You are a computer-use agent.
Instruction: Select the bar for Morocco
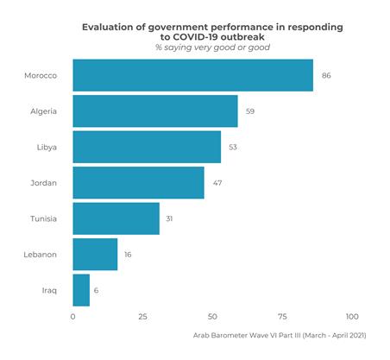tap(192, 75)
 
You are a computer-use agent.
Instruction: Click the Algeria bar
tap(155, 111)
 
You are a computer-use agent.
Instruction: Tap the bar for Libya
tap(147, 147)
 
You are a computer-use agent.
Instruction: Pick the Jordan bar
tap(138, 183)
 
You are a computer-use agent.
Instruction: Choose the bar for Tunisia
tap(116, 218)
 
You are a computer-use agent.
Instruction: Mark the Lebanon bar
tap(95, 255)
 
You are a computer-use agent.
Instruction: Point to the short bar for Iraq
tap(81, 290)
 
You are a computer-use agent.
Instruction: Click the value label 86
tap(326, 76)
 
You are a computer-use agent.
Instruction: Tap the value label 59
tap(250, 111)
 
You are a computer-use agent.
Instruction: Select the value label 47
tap(217, 183)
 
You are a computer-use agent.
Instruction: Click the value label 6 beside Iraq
tap(97, 291)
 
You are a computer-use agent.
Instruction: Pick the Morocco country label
tap(41, 76)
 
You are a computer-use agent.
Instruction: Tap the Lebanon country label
tap(41, 255)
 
